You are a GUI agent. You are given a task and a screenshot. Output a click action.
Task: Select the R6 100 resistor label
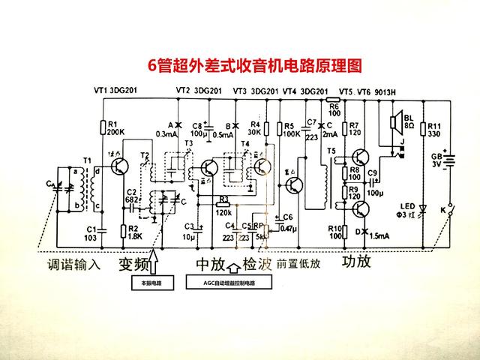pos(334,109)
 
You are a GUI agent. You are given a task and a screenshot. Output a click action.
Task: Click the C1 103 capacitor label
pos(91,232)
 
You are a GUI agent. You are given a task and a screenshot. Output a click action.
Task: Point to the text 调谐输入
pos(73,265)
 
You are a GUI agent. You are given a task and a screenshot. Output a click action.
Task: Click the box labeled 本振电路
pos(151,283)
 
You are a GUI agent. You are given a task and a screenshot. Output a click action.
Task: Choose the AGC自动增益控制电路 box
pos(229,283)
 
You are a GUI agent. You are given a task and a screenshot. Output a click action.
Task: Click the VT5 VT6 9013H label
pos(367,91)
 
